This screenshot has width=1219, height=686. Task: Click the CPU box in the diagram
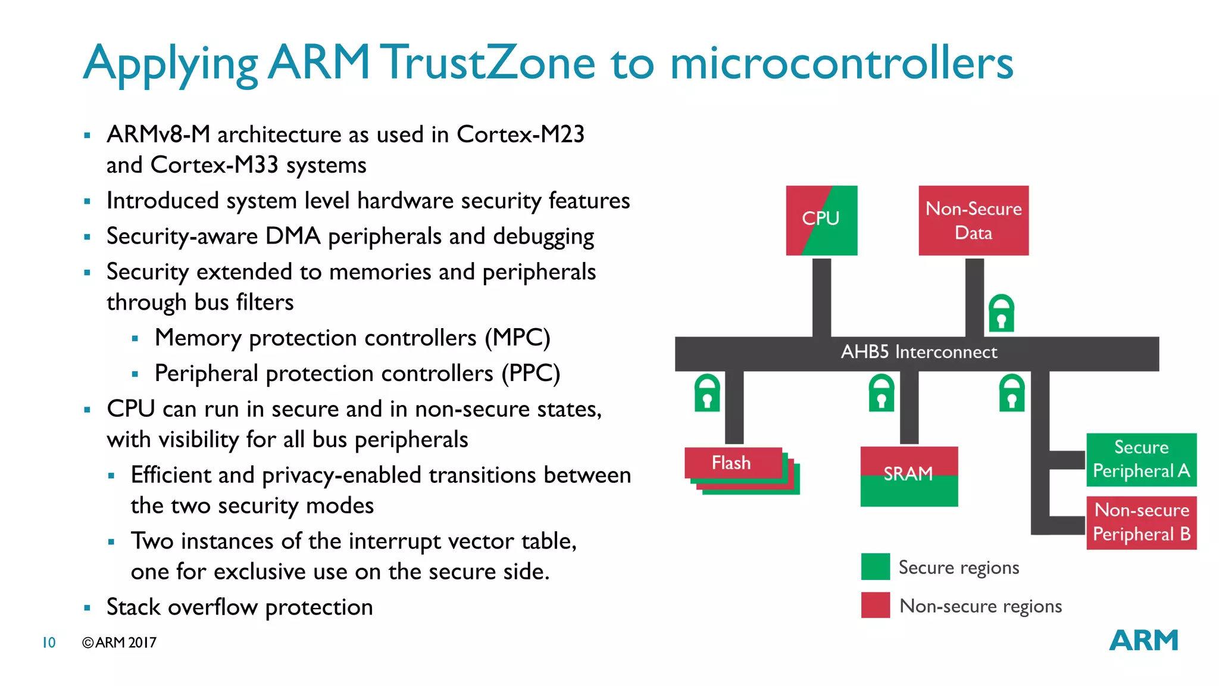[821, 220]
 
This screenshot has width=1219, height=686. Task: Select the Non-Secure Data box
[973, 220]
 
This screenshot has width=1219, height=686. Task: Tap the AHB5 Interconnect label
[918, 352]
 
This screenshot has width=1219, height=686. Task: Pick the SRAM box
[909, 476]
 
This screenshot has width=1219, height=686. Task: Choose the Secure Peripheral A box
[1141, 459]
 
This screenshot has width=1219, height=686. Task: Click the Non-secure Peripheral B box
[1141, 522]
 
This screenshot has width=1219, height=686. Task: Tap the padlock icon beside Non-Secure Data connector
[1001, 313]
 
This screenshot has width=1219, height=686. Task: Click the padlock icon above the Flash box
[707, 393]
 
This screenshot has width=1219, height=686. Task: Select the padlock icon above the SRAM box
[882, 393]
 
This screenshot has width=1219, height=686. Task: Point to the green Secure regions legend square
[875, 566]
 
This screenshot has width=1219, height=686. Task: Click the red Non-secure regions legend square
[875, 605]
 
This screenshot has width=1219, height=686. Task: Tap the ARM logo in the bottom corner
[1143, 640]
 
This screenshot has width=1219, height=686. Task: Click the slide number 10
[49, 643]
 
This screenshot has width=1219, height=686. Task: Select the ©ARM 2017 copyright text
[119, 643]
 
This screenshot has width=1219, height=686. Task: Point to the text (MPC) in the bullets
[517, 338]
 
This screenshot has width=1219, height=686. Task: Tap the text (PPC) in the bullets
[530, 373]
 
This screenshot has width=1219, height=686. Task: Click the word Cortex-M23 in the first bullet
[520, 135]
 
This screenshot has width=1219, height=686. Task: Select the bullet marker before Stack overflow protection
[87, 608]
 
